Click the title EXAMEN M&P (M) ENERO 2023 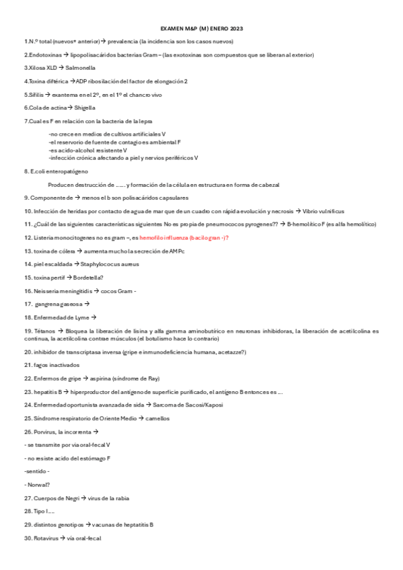(x=202, y=30)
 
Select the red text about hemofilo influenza (x=184, y=237)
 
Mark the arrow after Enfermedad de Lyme (x=94, y=317)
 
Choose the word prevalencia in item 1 (x=122, y=42)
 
